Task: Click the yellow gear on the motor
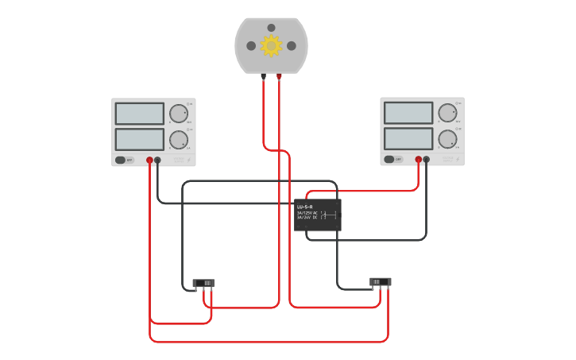tap(271, 45)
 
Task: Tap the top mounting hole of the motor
tap(271, 28)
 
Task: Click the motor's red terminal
tap(279, 77)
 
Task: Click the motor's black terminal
tap(263, 77)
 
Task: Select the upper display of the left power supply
tap(139, 114)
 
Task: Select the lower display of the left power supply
tap(139, 139)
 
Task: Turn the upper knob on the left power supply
tap(178, 114)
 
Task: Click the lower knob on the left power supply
tap(178, 140)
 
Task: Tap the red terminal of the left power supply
tap(149, 160)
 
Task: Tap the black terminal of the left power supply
tap(157, 160)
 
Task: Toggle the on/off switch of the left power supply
tap(122, 160)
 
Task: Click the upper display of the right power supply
tap(408, 113)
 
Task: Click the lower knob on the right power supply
tap(447, 139)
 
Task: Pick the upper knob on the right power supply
tap(447, 113)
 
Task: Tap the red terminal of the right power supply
tap(419, 159)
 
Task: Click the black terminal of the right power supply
tap(427, 159)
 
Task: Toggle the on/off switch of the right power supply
tap(390, 159)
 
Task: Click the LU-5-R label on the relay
tap(305, 207)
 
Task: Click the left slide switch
tap(203, 283)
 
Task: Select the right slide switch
tap(381, 281)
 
